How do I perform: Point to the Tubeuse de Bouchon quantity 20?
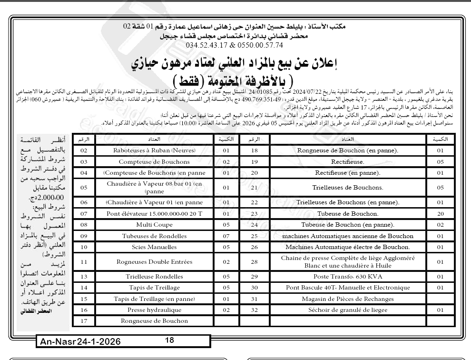[440, 213]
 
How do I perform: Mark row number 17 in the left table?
[84, 321]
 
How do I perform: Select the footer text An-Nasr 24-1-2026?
[79, 342]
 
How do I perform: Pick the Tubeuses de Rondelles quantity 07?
[226, 236]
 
